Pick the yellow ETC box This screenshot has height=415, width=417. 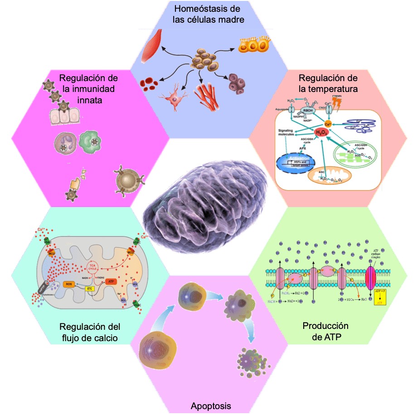point(89,289)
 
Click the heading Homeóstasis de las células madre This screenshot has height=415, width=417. point(208,14)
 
